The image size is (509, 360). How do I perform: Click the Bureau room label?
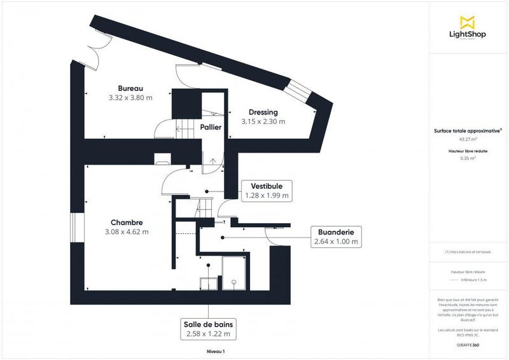[130, 88]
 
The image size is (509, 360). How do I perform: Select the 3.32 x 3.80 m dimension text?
[130, 98]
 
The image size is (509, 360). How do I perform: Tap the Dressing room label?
[263, 112]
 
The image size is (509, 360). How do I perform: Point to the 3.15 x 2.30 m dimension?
[263, 121]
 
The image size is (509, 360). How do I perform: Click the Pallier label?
[211, 127]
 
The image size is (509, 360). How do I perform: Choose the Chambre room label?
[126, 222]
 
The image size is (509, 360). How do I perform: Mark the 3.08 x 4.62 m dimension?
[126, 232]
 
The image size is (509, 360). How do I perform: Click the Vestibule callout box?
[267, 190]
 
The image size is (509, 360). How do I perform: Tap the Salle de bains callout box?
[208, 328]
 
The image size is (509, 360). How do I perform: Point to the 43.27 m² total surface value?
[468, 139]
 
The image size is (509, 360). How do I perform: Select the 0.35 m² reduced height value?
[468, 158]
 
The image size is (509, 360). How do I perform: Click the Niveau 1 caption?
[216, 350]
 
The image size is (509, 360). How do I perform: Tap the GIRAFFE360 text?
[468, 345]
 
